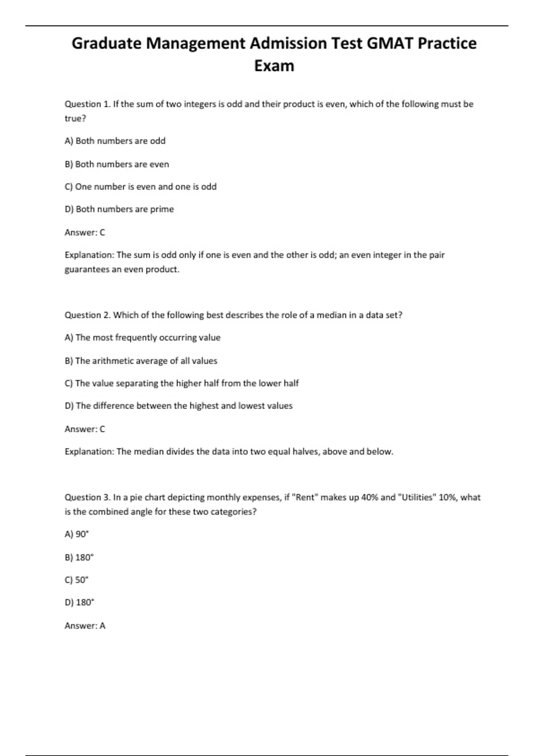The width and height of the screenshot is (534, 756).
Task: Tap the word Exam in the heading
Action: pyautogui.click(x=274, y=66)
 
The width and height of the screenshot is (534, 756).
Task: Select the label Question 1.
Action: pyautogui.click(x=88, y=104)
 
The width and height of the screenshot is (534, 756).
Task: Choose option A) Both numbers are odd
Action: pyautogui.click(x=115, y=141)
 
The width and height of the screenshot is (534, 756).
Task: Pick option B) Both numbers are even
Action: pyautogui.click(x=117, y=164)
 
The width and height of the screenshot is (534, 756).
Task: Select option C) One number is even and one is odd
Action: pyautogui.click(x=141, y=187)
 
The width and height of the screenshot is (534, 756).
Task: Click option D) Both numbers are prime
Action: pyautogui.click(x=119, y=209)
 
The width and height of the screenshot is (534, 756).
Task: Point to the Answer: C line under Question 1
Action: pyautogui.click(x=85, y=232)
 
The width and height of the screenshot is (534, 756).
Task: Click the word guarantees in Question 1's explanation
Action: pyautogui.click(x=87, y=269)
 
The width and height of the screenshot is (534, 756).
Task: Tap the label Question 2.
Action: pyautogui.click(x=88, y=315)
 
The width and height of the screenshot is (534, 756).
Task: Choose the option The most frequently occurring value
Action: pyautogui.click(x=142, y=338)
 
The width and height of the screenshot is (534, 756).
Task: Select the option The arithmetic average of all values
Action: pyautogui.click(x=141, y=361)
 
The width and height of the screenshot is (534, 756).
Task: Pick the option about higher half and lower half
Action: pyautogui.click(x=182, y=383)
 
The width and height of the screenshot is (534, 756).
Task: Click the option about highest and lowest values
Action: pyautogui.click(x=178, y=406)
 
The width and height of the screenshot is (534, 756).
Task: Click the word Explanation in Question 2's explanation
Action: pyautogui.click(x=89, y=451)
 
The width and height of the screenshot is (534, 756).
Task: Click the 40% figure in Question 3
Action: pyautogui.click(x=369, y=497)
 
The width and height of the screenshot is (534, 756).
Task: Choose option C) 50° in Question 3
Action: pyautogui.click(x=77, y=580)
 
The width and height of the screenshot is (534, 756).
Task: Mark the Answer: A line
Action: pyautogui.click(x=85, y=626)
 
